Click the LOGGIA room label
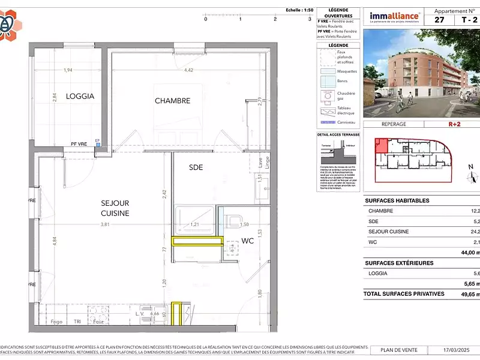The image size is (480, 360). tap(80, 96)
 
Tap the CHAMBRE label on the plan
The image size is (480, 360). tap(172, 101)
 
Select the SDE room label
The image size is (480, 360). tap(196, 167)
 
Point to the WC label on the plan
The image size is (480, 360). tap(248, 241)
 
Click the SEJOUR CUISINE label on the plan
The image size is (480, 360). tap(115, 208)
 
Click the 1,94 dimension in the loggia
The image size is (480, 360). tap(68, 70)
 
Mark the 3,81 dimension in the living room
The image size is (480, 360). tap(105, 224)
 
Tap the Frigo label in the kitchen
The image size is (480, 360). tap(56, 322)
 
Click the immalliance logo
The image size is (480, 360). tap(395, 17)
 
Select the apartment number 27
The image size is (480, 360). tap(440, 20)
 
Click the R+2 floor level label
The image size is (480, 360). tap(454, 124)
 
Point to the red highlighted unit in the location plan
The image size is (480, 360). tap(381, 147)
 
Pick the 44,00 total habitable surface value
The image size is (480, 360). tap(468, 253)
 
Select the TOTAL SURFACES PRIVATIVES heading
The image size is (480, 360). tap(404, 293)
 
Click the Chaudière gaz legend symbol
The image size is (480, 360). tap(328, 95)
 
